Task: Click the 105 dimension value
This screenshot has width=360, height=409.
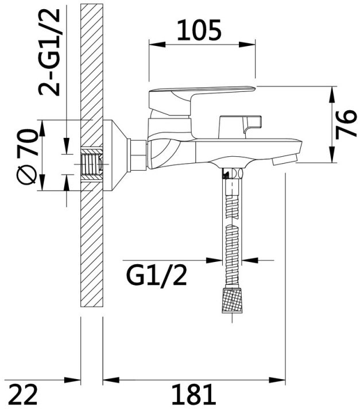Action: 199,30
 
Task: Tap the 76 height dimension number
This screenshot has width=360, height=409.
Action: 346,124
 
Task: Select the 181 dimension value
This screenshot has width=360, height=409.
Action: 193,394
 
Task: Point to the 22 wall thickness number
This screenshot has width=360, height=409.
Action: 24,394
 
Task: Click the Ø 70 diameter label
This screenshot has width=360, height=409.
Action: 26,156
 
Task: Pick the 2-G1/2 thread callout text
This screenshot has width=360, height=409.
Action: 49,52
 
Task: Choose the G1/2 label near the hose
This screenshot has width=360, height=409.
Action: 156,276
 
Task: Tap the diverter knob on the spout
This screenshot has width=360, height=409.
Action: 240,126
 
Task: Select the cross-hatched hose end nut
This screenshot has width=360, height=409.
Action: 233,300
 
